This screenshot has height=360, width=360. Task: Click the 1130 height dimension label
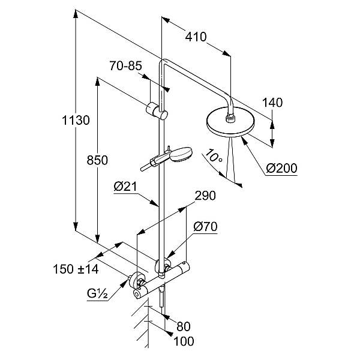75,121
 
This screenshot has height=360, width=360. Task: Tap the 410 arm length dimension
196,37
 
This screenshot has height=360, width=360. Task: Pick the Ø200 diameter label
281,169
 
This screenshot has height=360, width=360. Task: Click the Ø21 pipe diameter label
125,187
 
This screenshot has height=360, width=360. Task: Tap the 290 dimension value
205,196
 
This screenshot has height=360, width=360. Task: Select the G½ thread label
96,295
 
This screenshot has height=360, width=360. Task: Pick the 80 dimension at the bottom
183,328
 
